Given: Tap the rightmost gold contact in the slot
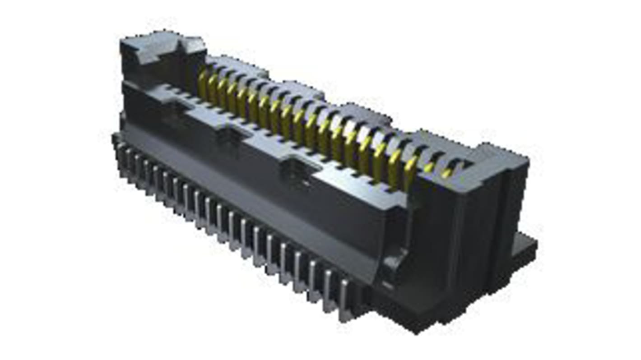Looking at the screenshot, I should coord(447,173).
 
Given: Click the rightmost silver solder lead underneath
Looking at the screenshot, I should coord(344,300).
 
